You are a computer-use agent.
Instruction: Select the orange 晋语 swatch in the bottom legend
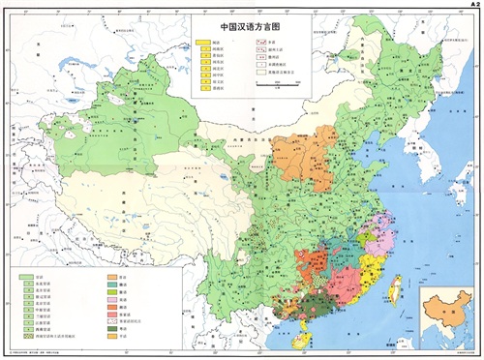click(x=112, y=277)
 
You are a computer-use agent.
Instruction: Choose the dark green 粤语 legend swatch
click(x=112, y=329)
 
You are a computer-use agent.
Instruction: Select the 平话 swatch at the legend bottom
click(x=112, y=338)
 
